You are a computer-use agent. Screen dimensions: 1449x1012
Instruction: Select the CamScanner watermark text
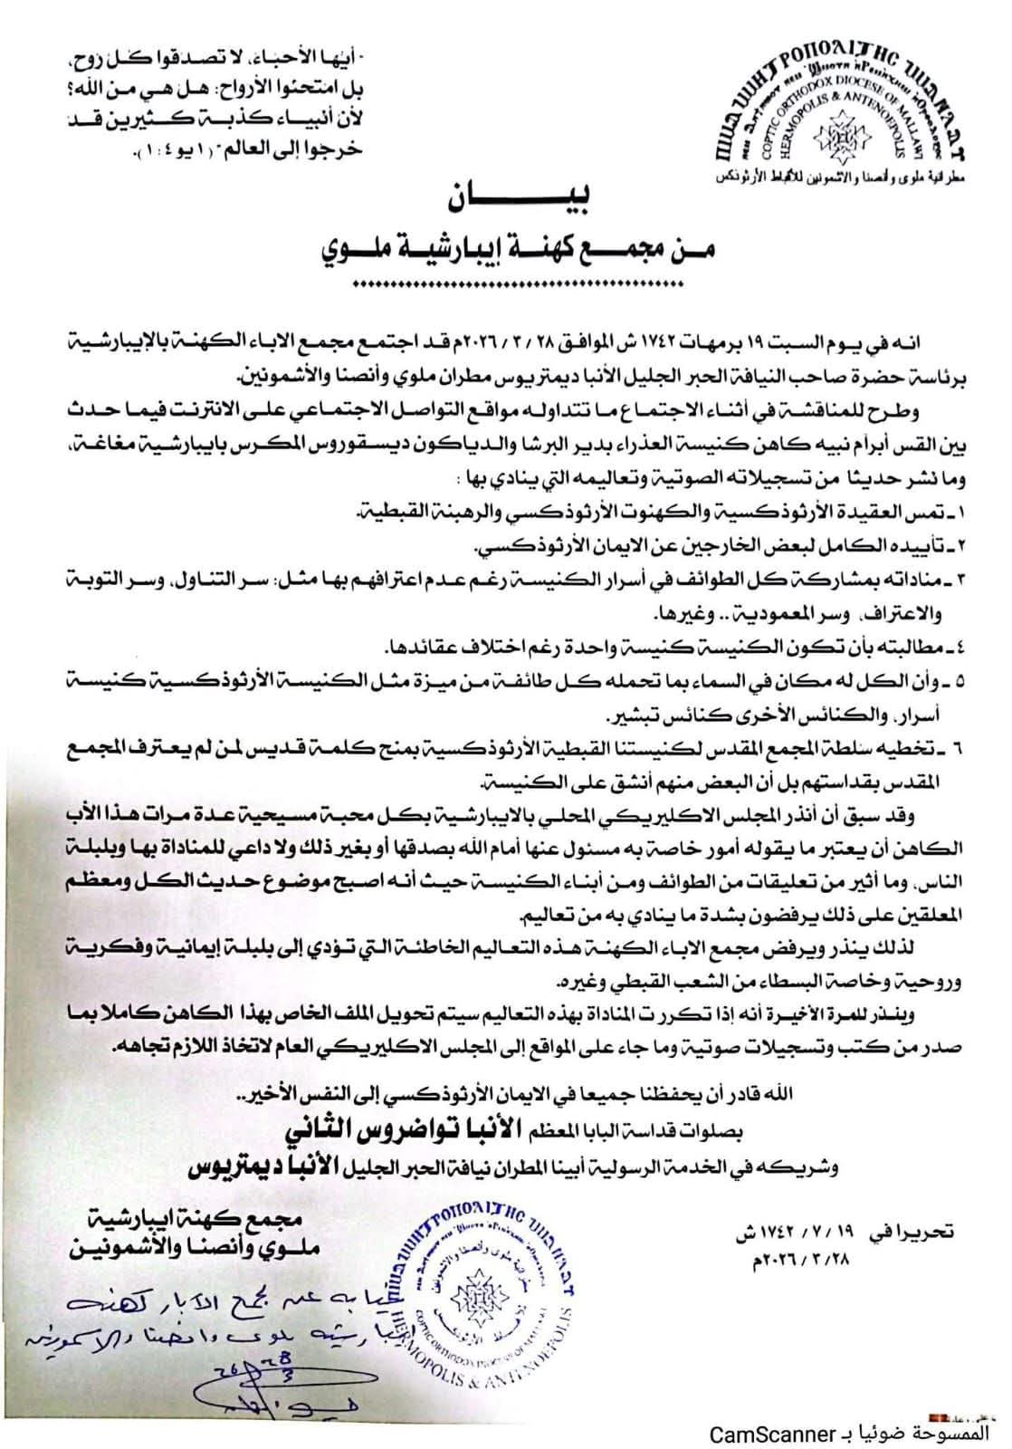[x=772, y=1433]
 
